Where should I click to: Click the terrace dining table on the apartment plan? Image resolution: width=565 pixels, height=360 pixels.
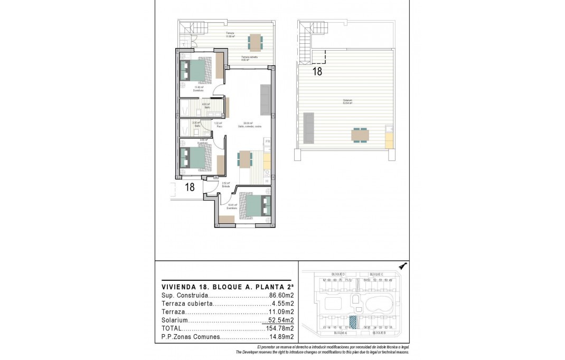click(x=256, y=41)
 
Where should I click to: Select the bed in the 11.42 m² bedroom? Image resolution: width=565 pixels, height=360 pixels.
click(x=197, y=70)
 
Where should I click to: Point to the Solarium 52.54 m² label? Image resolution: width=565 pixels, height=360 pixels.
click(x=347, y=102)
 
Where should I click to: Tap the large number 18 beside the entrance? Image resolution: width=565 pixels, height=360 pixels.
click(x=190, y=187)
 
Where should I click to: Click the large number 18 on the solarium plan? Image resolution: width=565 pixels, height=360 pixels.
click(x=317, y=72)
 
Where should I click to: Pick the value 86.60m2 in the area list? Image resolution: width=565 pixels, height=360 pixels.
click(x=281, y=296)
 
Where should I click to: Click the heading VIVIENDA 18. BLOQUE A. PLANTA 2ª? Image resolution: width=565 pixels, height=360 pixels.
click(x=227, y=287)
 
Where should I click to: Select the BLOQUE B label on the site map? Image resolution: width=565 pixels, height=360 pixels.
click(x=379, y=333)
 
